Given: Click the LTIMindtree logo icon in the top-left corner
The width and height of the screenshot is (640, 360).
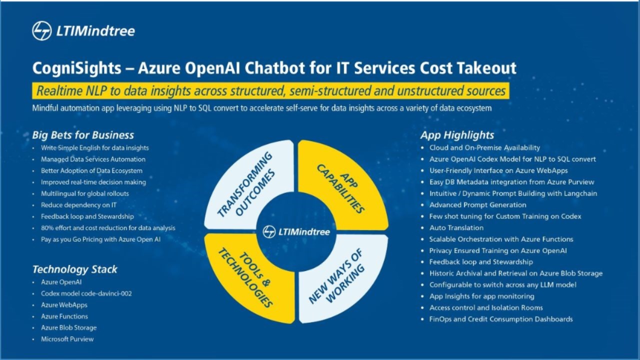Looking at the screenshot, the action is tap(41, 31).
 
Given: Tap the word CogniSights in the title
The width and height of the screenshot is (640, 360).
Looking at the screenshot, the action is tap(77, 68).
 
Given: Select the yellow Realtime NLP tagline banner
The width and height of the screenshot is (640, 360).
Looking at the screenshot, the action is tap(270, 91).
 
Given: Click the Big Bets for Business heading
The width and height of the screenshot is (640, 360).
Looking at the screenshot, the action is tap(83, 135).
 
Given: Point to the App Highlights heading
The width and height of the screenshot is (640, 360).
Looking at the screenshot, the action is tap(457, 135).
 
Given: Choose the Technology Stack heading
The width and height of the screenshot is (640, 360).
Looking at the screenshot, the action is tap(74, 269).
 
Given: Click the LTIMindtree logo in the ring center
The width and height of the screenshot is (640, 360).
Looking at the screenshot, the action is tap(296, 231).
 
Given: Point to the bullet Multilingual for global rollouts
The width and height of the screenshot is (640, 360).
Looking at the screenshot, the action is tap(85, 193).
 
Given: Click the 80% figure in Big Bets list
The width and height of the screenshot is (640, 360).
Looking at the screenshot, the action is tap(47, 228).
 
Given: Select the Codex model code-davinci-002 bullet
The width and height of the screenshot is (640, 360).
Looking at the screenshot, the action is tap(86, 293).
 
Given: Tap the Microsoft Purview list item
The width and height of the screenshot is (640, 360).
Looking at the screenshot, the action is tap(67, 339).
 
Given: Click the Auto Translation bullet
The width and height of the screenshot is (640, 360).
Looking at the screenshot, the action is tap(456, 227).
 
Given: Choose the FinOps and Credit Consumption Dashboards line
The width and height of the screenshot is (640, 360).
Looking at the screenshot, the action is tap(501, 319).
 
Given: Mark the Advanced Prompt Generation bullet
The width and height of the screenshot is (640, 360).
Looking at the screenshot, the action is tap(477, 205).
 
